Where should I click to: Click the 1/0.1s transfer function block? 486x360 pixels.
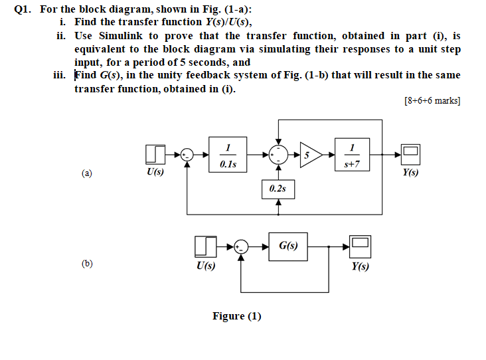(x=228, y=154)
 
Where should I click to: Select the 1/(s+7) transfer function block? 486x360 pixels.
(x=356, y=154)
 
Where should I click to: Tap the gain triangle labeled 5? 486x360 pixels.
(x=309, y=155)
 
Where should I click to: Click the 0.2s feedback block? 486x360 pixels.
(x=278, y=189)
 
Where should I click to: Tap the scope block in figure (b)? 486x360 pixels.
(x=361, y=246)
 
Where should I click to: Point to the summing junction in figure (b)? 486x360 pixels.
(x=242, y=246)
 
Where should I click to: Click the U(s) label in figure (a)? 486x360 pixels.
(x=155, y=172)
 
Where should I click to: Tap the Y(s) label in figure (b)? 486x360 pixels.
(x=361, y=266)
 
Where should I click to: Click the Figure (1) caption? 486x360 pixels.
(x=236, y=316)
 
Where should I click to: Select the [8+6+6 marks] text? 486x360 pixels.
(x=432, y=101)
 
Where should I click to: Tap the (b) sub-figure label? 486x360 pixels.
(x=87, y=263)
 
